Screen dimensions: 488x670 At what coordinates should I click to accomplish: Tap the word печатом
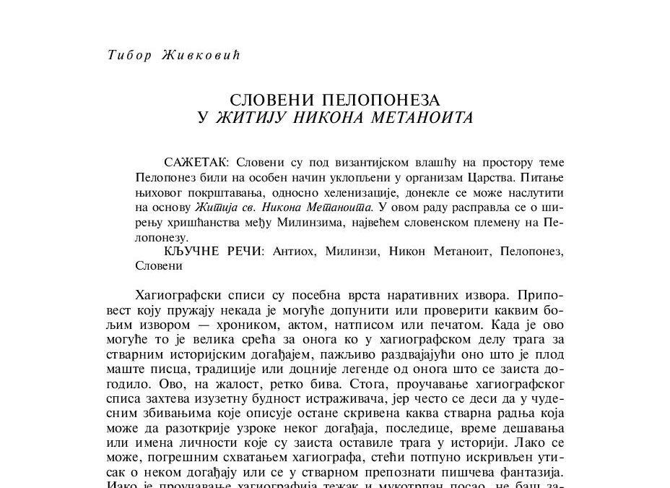click(437, 326)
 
